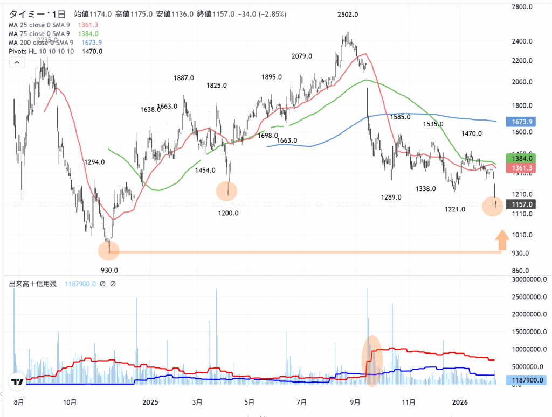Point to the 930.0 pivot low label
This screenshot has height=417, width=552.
(109, 270)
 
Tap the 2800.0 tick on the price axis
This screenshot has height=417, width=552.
(522, 7)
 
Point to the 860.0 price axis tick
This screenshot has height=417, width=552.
(521, 271)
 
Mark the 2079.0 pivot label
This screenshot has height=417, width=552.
(302, 56)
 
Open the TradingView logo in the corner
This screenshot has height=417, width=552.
(17, 382)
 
